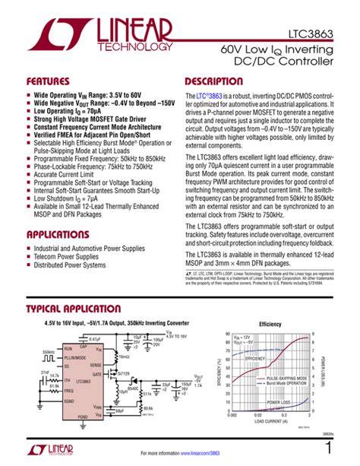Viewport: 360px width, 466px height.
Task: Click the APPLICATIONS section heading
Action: click(x=63, y=235)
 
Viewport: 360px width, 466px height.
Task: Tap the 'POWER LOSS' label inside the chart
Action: click(x=279, y=401)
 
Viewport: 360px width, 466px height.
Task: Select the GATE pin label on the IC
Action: click(x=96, y=374)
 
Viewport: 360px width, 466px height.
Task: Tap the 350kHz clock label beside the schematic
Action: click(x=49, y=350)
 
